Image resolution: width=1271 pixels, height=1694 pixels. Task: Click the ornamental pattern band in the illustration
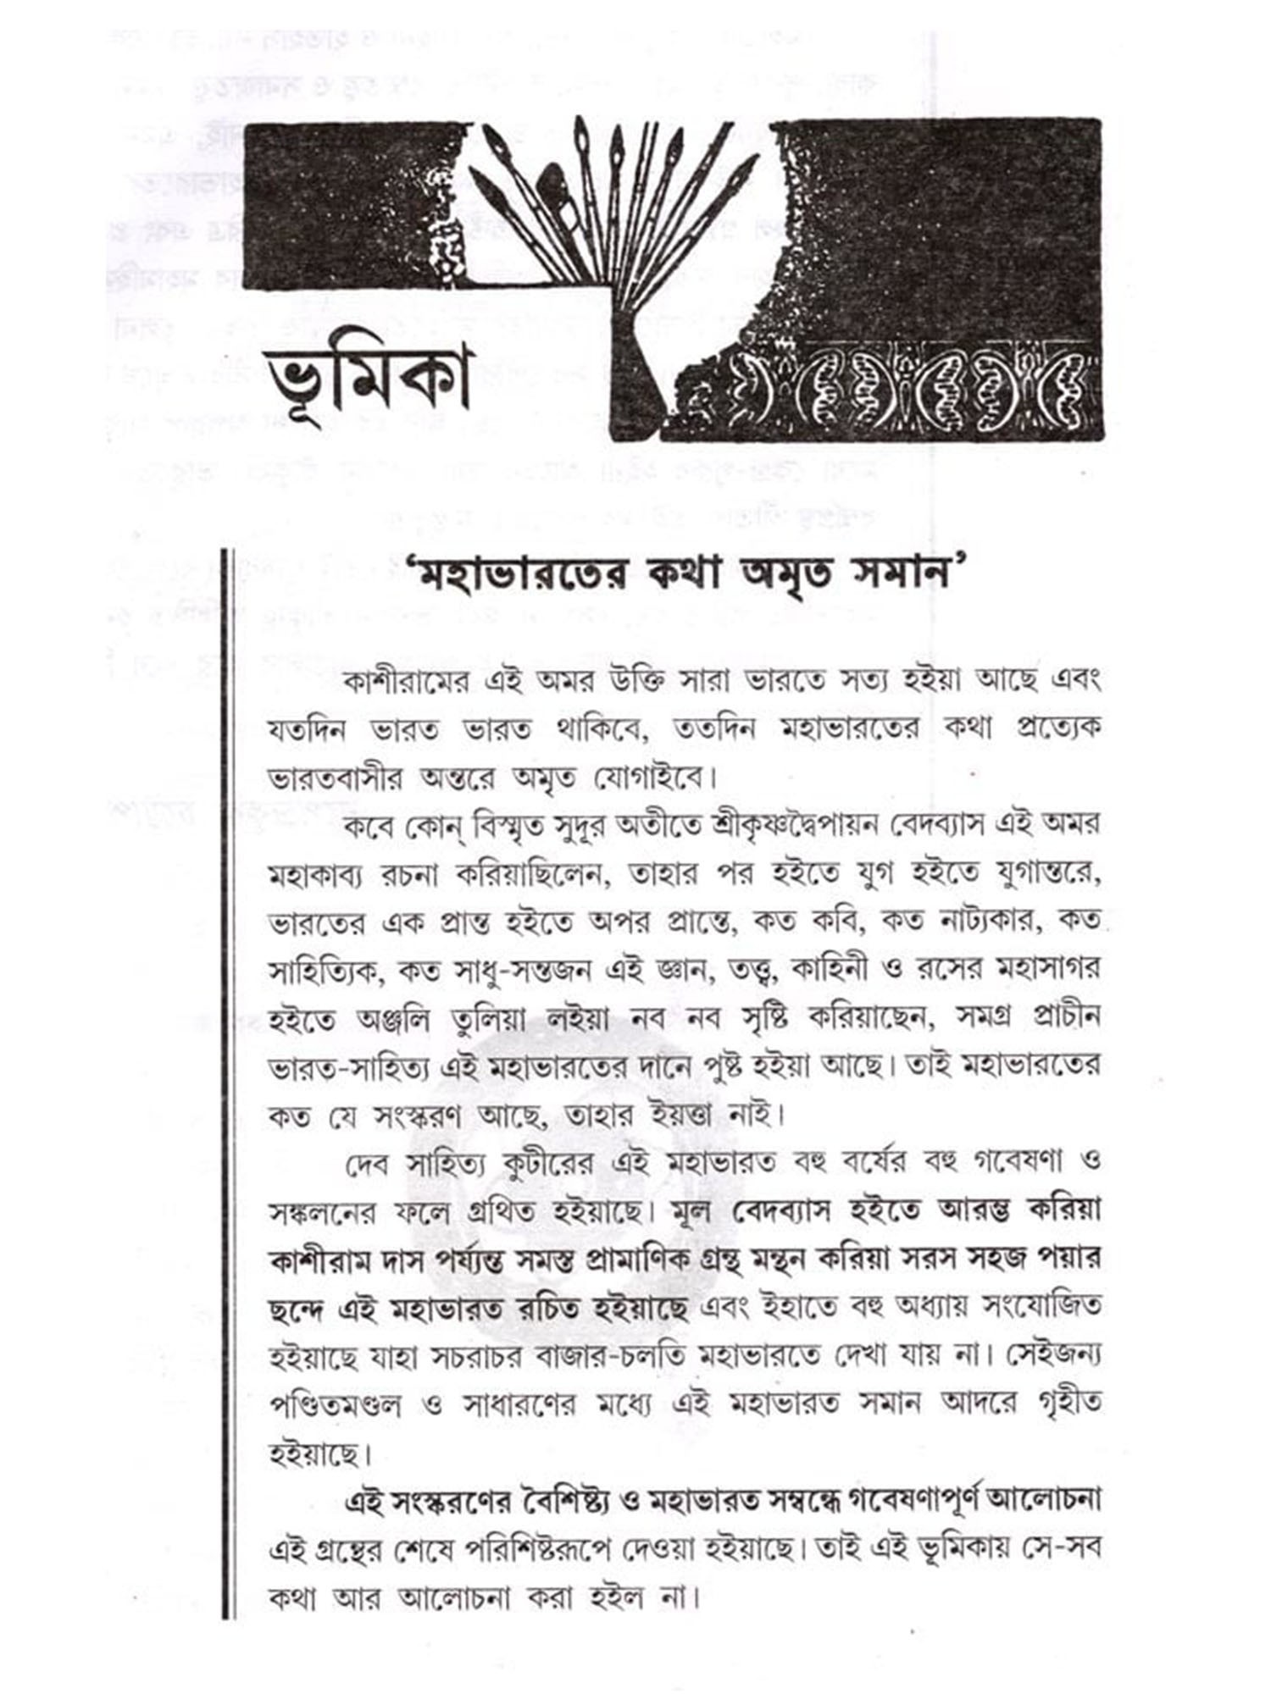(907, 385)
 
